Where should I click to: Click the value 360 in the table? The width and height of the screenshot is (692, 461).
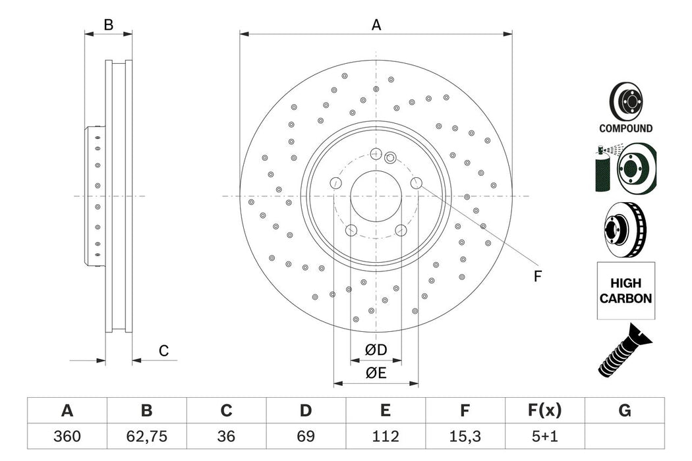(x=67, y=435)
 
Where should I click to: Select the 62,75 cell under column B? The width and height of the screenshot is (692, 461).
(x=146, y=435)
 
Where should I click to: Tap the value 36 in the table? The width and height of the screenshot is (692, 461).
(x=226, y=435)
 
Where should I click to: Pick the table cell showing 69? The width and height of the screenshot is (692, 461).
(x=306, y=435)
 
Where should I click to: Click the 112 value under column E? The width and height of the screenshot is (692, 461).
(x=386, y=435)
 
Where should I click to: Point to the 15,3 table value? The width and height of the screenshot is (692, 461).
(x=465, y=435)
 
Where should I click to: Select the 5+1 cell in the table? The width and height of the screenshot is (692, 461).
(x=544, y=435)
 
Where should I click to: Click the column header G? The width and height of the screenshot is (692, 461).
(x=624, y=411)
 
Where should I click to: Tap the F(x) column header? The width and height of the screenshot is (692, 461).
(x=544, y=411)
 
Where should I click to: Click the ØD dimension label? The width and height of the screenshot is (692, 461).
(x=376, y=349)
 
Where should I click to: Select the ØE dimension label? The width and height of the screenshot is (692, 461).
(x=376, y=373)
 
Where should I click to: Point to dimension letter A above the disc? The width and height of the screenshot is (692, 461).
(x=376, y=25)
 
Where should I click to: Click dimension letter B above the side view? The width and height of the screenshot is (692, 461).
(x=109, y=25)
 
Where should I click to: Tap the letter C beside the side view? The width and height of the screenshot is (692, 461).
(x=163, y=351)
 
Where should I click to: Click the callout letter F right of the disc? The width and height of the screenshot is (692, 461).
(x=537, y=277)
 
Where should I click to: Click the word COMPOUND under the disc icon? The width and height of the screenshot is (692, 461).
(x=625, y=129)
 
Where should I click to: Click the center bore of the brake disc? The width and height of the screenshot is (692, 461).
(x=376, y=196)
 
